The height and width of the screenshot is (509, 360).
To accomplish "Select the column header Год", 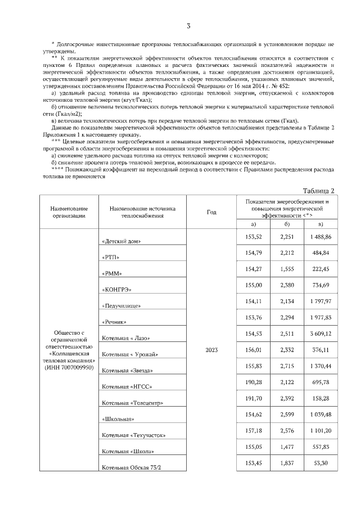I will point(211,212).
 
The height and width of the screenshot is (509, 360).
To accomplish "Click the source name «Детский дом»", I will point(121,241).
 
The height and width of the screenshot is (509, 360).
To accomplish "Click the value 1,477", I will point(287,446).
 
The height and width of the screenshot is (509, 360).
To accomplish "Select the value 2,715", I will point(287,366).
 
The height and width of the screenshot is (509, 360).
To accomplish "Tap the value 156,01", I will point(254,350).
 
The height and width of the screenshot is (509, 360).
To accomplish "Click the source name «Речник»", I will point(114,322).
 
